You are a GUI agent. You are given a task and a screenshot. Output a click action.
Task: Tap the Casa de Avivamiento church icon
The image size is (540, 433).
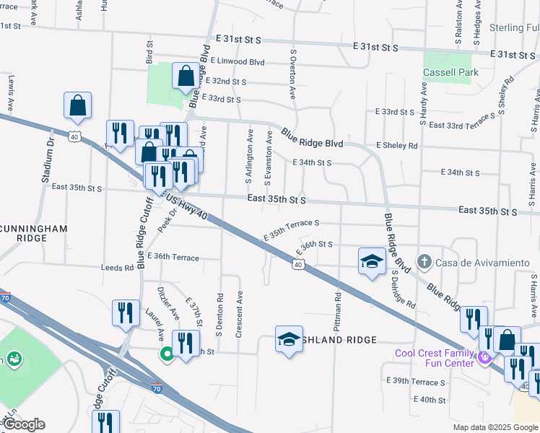[x=425, y=261]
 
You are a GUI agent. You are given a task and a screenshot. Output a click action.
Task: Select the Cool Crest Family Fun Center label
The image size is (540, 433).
[x=435, y=357]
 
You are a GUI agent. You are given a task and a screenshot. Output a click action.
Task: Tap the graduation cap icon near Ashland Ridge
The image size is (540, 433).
[x=289, y=338]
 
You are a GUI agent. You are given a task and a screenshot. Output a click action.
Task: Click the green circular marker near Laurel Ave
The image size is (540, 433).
[x=166, y=354]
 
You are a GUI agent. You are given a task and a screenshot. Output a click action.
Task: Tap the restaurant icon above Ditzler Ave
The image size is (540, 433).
[x=126, y=312]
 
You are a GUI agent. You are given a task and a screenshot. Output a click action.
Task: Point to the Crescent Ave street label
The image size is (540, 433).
[x=239, y=314]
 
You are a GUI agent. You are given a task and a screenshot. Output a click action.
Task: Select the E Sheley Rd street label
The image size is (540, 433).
[x=397, y=145]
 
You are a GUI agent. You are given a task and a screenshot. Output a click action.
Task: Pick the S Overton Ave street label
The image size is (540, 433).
[x=293, y=74]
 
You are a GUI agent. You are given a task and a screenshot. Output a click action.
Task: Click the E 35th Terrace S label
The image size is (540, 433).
[x=291, y=231]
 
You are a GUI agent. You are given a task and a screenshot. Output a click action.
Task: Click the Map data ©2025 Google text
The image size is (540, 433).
[x=495, y=427]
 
